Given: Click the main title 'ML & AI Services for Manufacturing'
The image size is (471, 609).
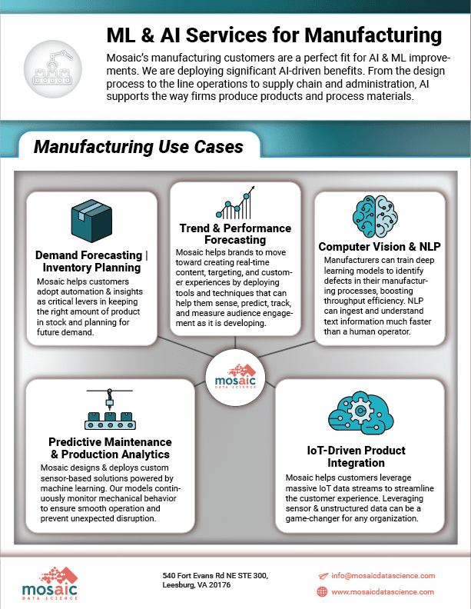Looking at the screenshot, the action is coord(274,35).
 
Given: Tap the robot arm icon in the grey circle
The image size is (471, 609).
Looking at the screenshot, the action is coord(53,68).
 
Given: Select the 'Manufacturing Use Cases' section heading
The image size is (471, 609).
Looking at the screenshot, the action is coord(138,147).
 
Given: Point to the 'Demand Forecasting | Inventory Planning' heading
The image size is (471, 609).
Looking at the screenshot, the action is coord(91,261).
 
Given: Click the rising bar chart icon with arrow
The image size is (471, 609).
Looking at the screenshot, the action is coord(235,202).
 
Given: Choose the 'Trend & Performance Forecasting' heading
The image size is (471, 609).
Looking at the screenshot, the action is coord(235,234).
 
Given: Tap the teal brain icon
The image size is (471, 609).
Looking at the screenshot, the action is coord(375,216).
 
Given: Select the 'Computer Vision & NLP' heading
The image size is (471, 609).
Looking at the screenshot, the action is coord(380,247).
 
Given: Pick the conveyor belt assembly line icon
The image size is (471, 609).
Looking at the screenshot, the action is coord(110,409).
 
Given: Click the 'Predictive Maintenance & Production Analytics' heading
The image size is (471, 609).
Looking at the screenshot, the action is coord(110,448).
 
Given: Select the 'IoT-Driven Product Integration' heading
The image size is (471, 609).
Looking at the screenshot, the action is coord(357,456).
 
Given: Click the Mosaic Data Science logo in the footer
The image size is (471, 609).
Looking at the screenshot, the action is coord(50,583).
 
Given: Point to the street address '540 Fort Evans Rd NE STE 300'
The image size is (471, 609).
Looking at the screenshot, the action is coord(215,576).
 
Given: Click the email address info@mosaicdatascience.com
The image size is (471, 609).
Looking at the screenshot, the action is coord(383,576).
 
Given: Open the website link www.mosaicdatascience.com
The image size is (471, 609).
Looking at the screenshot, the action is coord(383,592).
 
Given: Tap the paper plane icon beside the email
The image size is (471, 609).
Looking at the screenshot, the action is coord(323,576).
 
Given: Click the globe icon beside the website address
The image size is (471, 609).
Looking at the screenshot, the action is coord(322,591).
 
